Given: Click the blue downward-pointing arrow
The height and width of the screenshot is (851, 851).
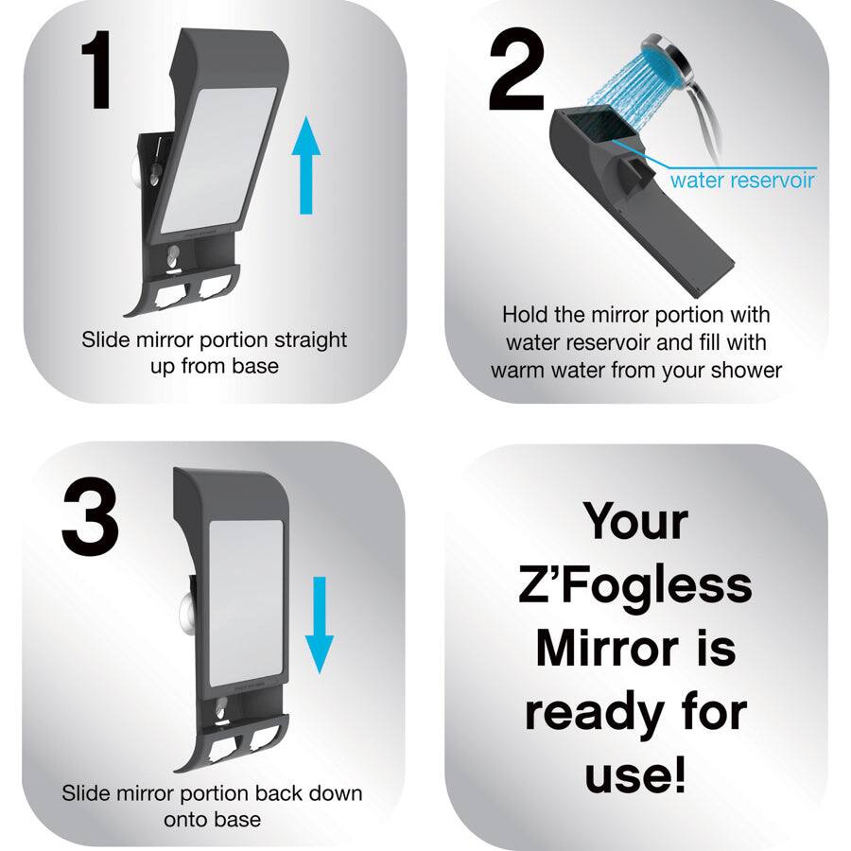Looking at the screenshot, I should coord(321,623).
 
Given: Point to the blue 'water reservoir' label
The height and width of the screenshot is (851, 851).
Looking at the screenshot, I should coord(741,180).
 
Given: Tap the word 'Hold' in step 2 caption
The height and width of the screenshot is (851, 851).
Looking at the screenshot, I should coord(525,314).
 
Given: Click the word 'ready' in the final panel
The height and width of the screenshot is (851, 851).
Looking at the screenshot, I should coord(583,713).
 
